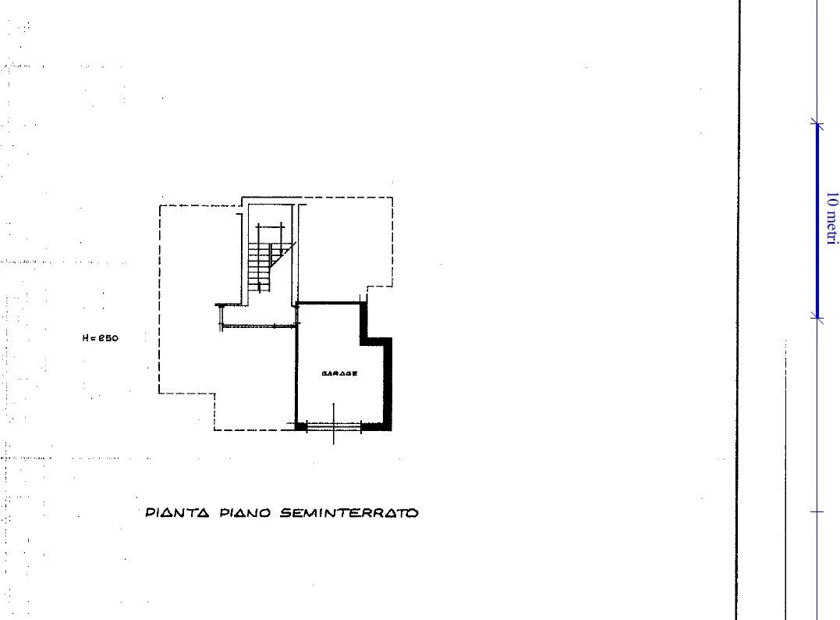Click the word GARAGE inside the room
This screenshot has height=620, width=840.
pyautogui.click(x=339, y=374)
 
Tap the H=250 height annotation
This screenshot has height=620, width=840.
pyautogui.click(x=101, y=338)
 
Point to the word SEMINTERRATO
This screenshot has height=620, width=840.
pyautogui.click(x=349, y=513)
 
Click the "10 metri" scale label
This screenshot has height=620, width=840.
pyautogui.click(x=831, y=219)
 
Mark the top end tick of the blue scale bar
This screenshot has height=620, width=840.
pyautogui.click(x=817, y=123)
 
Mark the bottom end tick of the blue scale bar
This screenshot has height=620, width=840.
pyautogui.click(x=817, y=317)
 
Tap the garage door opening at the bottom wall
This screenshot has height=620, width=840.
pyautogui.click(x=334, y=426)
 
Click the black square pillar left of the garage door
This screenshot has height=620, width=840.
pyautogui.click(x=301, y=426)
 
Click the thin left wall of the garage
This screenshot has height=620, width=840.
pyautogui.click(x=296, y=367)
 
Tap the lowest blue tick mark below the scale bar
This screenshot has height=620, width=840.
pyautogui.click(x=817, y=511)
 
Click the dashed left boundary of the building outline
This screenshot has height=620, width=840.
pyautogui.click(x=160, y=297)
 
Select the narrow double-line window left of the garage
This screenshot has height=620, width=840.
pyautogui.click(x=257, y=326)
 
